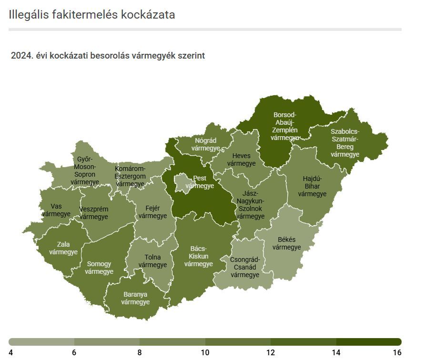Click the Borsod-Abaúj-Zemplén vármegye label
(x=285, y=126)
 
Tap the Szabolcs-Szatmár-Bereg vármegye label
(x=345, y=143)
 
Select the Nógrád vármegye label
(x=205, y=144)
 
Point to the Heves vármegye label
(x=241, y=160)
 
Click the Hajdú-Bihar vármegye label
(x=312, y=186)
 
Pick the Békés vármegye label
(x=286, y=243)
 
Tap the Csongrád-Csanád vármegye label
(x=244, y=267)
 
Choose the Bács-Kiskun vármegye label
(x=198, y=256)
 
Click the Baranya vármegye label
(x=135, y=298)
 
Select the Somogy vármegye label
(x=99, y=268)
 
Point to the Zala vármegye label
(x=63, y=248)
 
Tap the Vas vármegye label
(x=56, y=210)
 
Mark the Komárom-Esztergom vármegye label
(x=130, y=176)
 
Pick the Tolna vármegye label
(x=152, y=261)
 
